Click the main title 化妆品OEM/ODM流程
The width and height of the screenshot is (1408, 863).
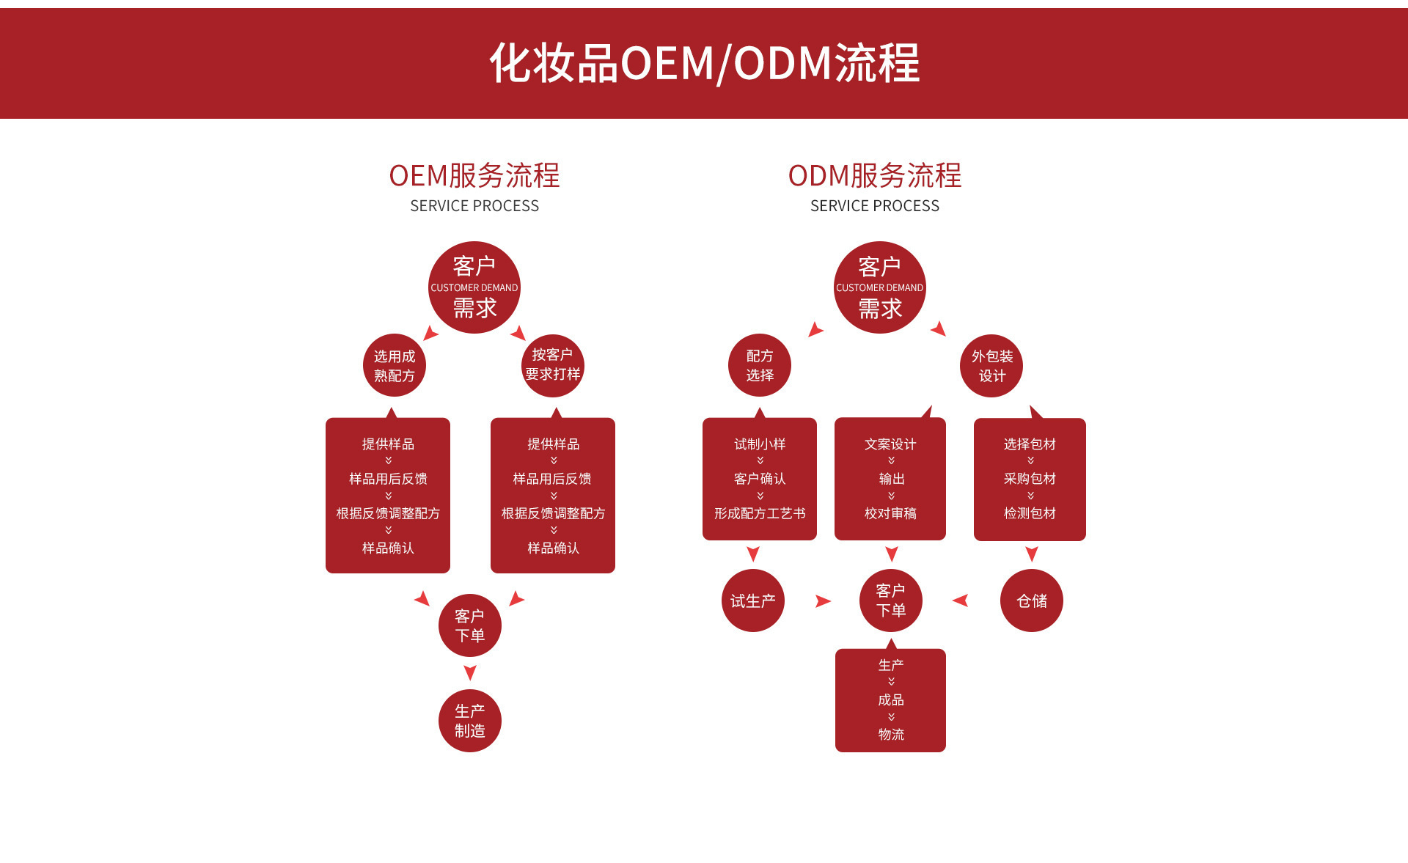[x=704, y=63]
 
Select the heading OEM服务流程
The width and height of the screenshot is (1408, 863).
[x=474, y=176]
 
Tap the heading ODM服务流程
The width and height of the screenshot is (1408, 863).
[x=874, y=176]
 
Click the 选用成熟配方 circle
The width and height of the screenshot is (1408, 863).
[x=395, y=365]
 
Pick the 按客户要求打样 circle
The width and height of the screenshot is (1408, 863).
[x=553, y=365]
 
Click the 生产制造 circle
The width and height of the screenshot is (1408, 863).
[x=469, y=721]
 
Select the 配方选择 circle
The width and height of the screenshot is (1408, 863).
[x=760, y=365]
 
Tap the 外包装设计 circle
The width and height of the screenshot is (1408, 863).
[x=991, y=365]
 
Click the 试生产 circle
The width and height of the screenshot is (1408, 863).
[x=753, y=601]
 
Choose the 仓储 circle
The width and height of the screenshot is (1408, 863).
[x=1031, y=601]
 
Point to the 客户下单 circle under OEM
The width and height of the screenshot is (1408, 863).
[x=469, y=625]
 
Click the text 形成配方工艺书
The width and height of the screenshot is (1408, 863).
[x=760, y=513]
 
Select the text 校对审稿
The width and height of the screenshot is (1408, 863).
[x=890, y=513]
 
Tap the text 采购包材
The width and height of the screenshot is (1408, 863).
[x=1030, y=479]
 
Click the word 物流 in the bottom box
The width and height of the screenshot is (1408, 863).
[x=891, y=734]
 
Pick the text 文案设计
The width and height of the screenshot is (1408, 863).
[x=890, y=444]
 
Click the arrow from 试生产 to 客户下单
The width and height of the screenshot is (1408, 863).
[x=823, y=601]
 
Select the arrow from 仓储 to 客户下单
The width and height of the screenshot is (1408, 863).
[x=961, y=601]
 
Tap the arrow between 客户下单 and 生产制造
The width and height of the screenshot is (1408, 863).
[x=470, y=672]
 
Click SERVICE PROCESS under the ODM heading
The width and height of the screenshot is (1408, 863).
[x=874, y=206]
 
